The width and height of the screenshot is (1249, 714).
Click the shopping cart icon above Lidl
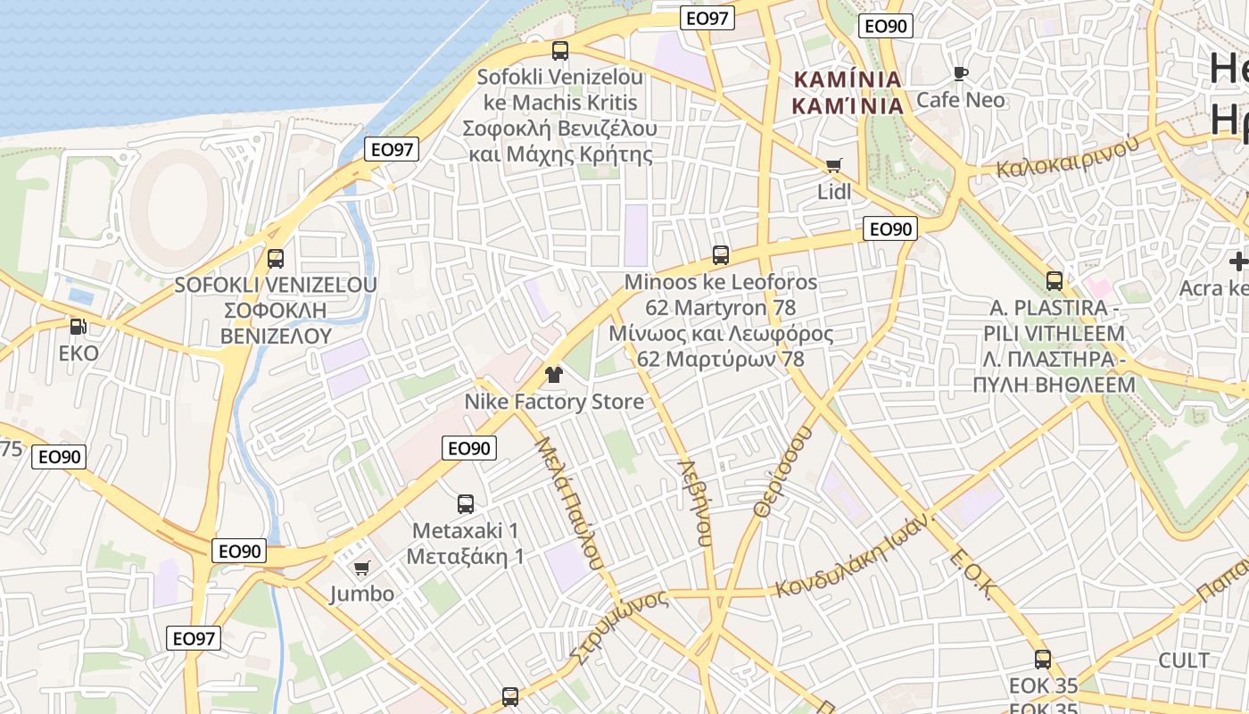coord(833,165)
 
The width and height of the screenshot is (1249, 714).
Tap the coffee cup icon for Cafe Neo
coord(960,73)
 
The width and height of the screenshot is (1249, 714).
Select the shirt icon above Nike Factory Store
coord(554,375)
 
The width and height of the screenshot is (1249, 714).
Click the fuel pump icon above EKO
coord(79,327)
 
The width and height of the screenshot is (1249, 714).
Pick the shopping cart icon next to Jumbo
coord(361,568)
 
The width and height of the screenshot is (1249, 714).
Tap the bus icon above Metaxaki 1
coord(466,503)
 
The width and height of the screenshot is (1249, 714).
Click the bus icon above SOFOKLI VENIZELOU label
coord(276,259)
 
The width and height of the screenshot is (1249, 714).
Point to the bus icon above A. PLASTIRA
coord(1054,281)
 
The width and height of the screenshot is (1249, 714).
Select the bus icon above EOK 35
coord(1042,660)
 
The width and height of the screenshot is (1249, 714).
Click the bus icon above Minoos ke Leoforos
coord(721,255)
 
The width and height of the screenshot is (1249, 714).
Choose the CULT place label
coord(1183,660)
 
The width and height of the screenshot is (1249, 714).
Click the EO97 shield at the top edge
coord(707,18)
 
